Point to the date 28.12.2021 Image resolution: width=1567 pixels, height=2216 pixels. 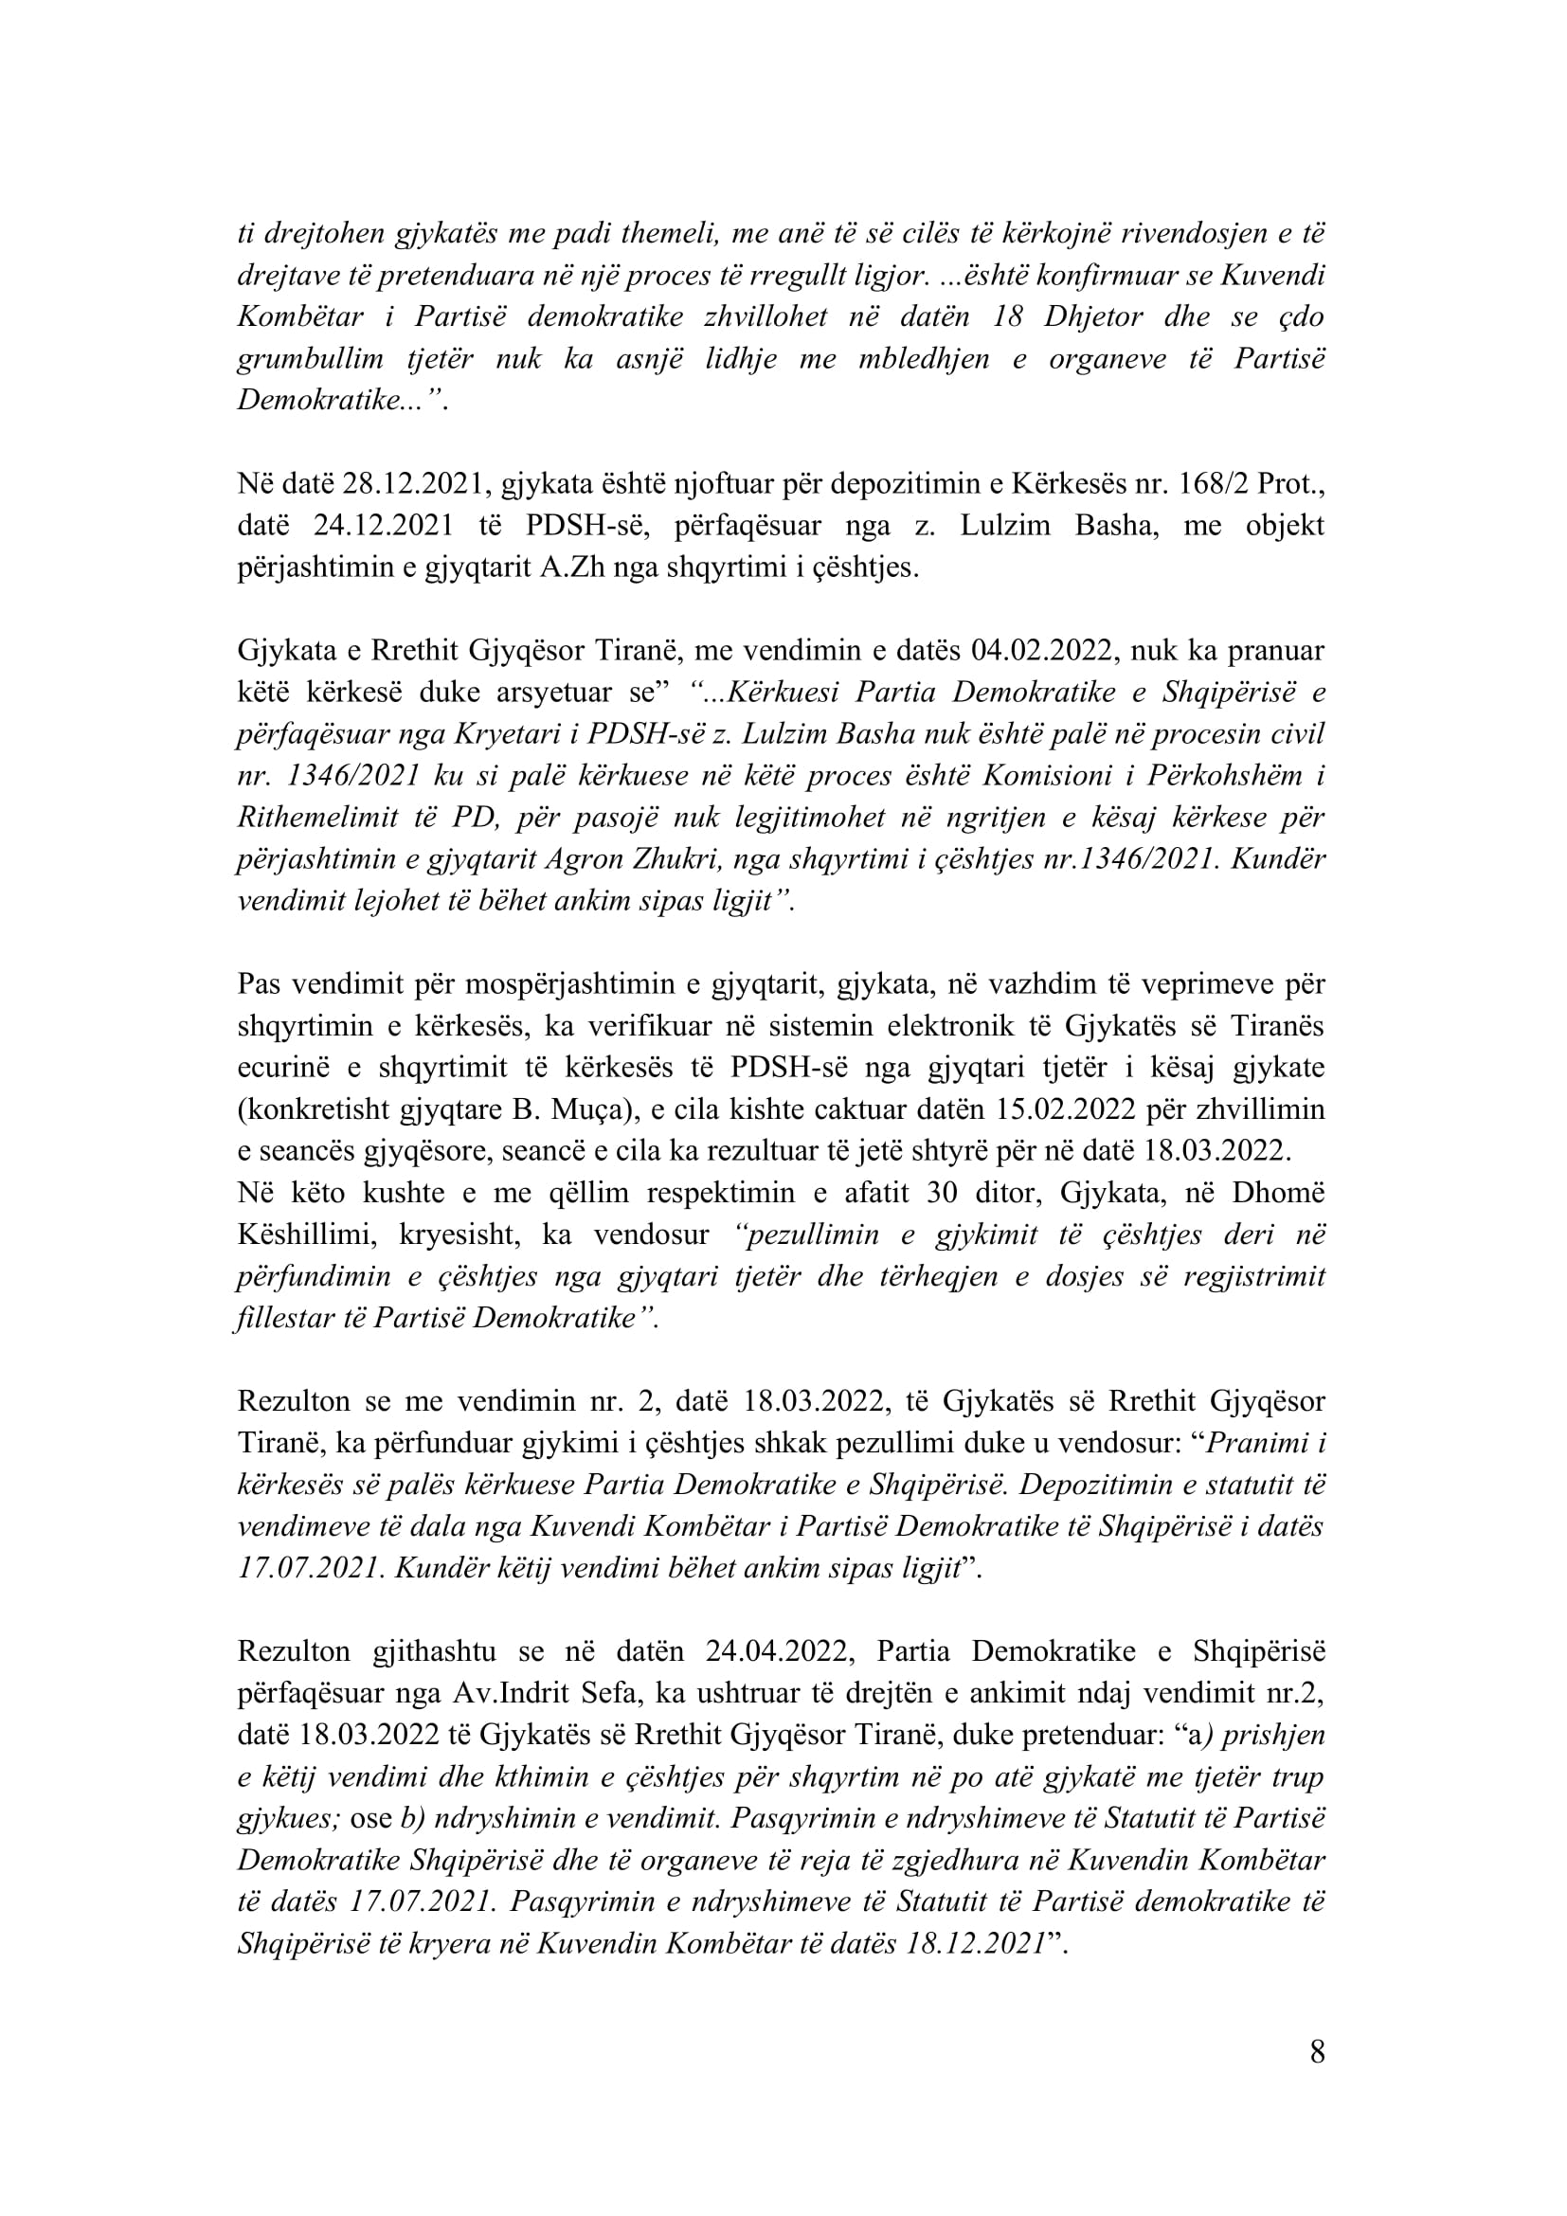(410, 483)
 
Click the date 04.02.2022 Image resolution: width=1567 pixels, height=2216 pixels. (1042, 651)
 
